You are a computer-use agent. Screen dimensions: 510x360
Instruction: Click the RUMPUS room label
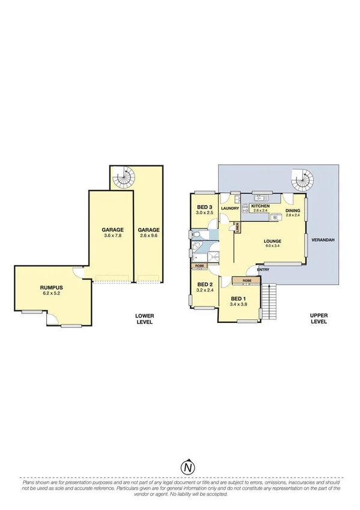(x=53, y=288)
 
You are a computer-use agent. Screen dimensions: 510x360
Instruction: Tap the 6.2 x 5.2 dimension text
(x=53, y=294)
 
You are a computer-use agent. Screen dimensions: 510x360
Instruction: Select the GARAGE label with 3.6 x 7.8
(x=112, y=230)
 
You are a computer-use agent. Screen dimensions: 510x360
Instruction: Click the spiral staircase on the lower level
(x=125, y=177)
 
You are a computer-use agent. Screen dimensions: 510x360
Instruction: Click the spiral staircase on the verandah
(x=301, y=178)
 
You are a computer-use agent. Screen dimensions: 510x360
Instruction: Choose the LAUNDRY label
(x=231, y=209)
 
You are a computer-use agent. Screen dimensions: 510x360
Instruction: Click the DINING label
(x=293, y=210)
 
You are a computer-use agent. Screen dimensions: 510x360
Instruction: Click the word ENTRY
(x=263, y=269)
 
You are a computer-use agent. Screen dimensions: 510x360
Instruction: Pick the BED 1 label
(x=239, y=299)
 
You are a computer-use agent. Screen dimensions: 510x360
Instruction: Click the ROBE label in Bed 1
(x=246, y=280)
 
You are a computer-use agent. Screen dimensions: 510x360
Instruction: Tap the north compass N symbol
(x=188, y=467)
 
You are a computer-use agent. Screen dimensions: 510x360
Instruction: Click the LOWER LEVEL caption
(x=144, y=318)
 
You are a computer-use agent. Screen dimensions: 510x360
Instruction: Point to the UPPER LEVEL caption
(x=318, y=318)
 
